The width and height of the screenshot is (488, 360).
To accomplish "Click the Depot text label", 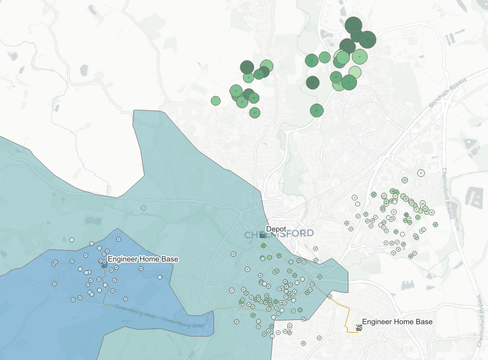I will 276,228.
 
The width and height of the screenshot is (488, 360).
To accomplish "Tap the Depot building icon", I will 263,235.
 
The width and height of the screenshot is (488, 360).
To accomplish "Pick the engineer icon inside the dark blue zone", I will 104,264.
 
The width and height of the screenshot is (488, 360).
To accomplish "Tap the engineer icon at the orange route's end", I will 359,327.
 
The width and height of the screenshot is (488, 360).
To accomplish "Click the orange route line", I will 346,315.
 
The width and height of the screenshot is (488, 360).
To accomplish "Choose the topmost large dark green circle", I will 354,25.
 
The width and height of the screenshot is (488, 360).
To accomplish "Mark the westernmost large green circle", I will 215,101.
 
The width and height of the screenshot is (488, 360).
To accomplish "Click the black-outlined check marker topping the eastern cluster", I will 420,172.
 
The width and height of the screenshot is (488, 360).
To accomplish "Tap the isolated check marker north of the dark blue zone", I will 143,208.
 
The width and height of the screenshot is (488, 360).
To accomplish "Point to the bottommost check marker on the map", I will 303,343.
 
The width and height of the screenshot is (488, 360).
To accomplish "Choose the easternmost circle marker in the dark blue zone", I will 159,277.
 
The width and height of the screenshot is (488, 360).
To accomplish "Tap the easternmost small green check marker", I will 435,224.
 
